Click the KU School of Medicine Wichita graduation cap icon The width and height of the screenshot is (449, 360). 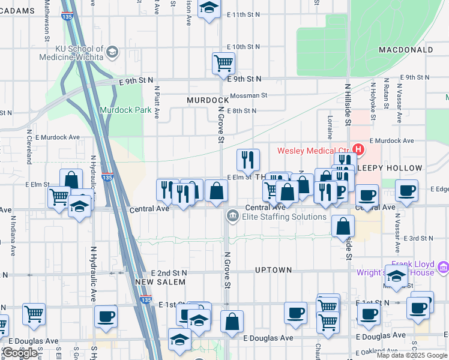point(112,52)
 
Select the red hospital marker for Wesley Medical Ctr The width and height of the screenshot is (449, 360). point(358,149)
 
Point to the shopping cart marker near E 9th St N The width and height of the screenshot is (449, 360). point(223,62)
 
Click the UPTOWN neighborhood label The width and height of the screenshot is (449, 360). point(273,271)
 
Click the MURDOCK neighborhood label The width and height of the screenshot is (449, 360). point(208,100)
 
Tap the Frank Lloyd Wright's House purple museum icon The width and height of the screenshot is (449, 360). point(443,266)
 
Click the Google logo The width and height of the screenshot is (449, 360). point(20,353)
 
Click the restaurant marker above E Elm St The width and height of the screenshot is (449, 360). point(249,160)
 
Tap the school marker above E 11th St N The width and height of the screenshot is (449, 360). point(209,8)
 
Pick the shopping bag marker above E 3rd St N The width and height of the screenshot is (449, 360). point(343,226)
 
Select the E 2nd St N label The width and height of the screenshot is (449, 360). point(169,272)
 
